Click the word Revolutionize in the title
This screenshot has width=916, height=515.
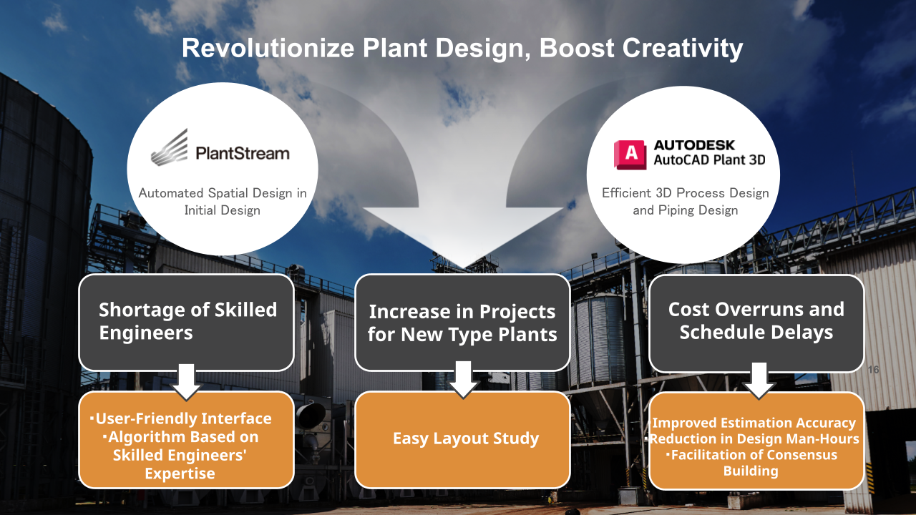tap(268, 48)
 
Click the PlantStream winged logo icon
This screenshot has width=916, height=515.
tap(170, 147)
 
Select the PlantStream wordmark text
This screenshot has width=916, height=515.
tap(243, 154)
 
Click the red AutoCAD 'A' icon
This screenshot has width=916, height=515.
tap(630, 154)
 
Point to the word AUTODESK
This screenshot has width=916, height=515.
tap(694, 145)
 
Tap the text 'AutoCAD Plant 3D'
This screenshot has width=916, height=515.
tap(709, 160)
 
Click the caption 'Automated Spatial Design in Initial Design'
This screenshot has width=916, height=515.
tap(223, 202)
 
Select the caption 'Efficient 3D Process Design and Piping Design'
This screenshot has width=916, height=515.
tap(686, 202)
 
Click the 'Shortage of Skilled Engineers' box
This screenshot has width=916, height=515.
tap(187, 323)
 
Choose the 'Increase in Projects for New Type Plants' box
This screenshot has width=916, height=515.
tap(462, 323)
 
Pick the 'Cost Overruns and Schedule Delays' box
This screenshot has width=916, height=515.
tap(756, 323)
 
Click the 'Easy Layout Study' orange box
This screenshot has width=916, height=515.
tap(462, 440)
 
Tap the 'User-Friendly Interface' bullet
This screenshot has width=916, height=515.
tap(181, 418)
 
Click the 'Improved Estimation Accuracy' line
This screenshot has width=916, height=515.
tap(754, 423)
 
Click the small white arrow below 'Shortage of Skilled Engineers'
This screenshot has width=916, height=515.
tap(187, 382)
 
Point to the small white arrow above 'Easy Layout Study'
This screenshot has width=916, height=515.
tap(463, 380)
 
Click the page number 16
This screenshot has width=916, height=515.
tap(873, 370)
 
